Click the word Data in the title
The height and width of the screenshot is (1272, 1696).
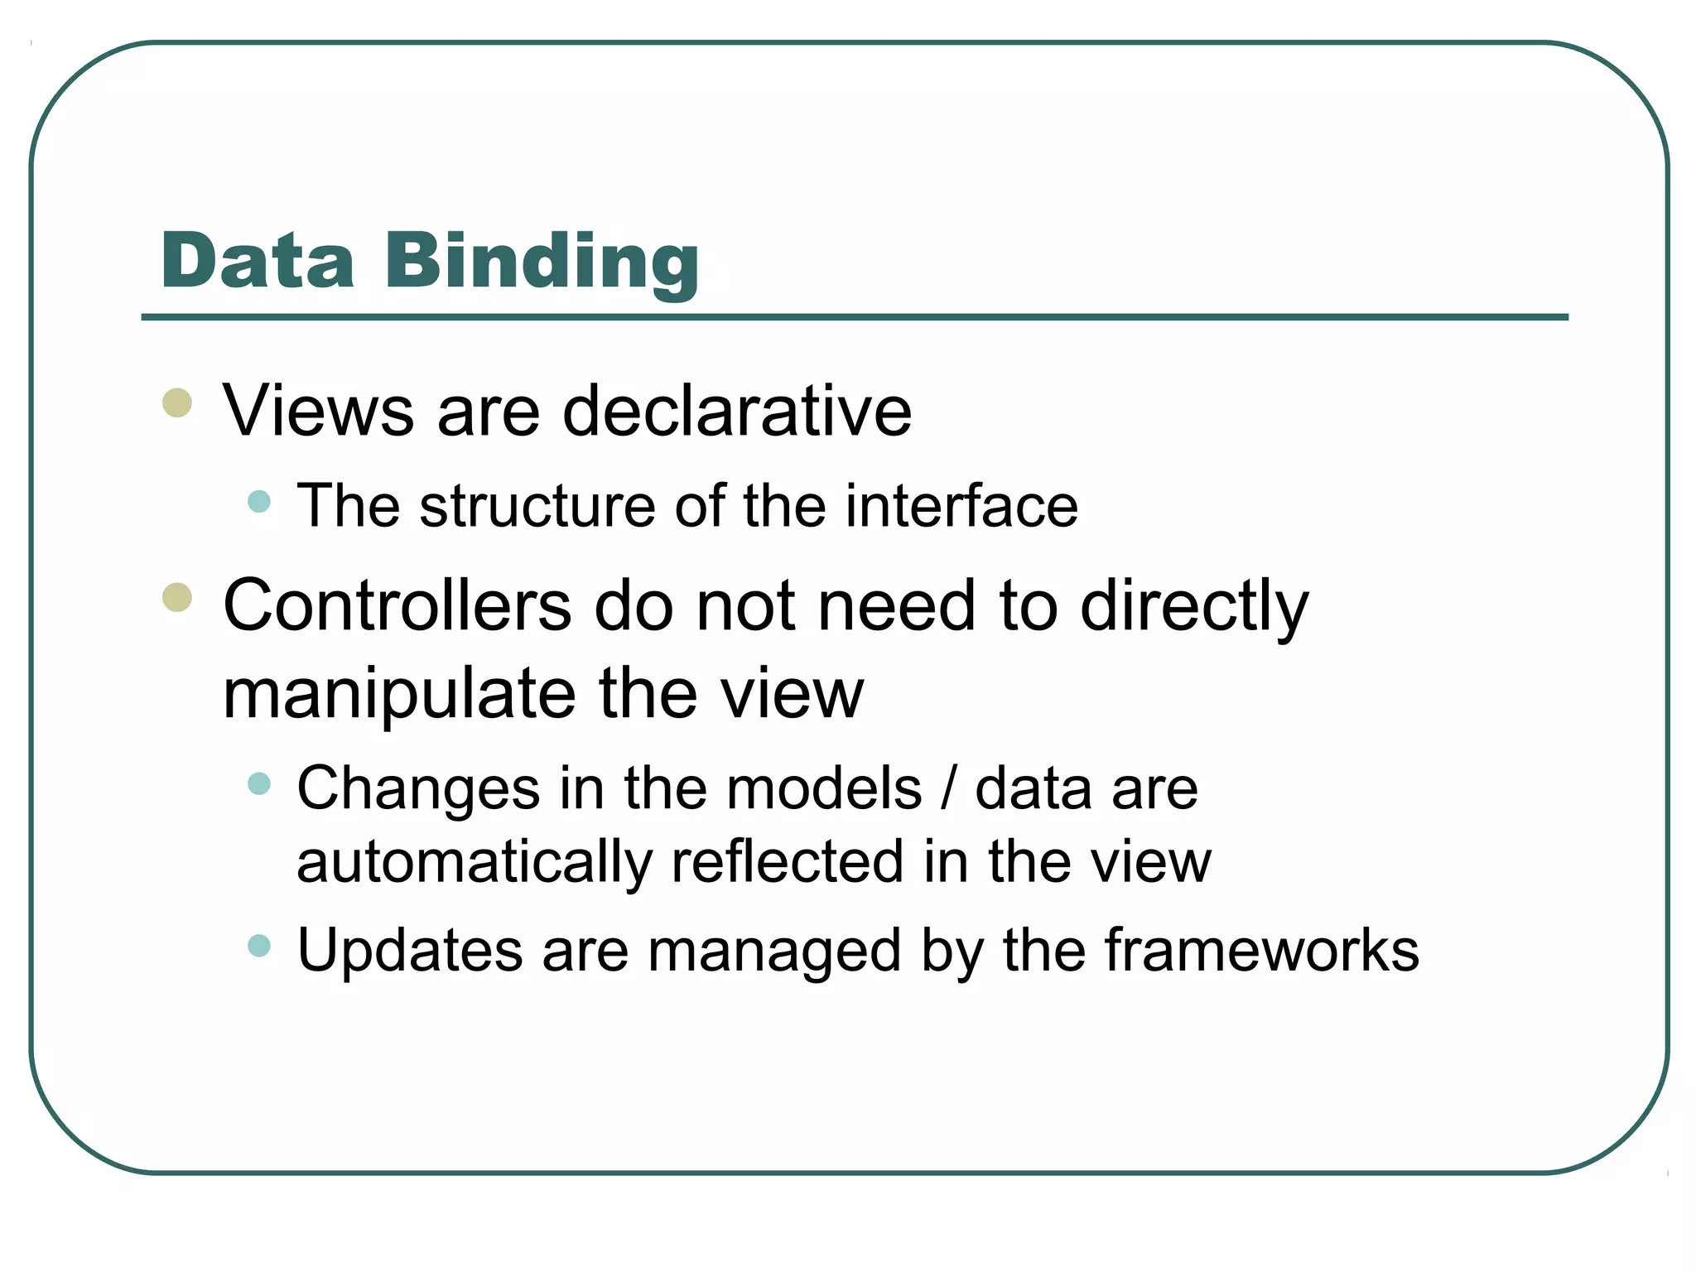(258, 261)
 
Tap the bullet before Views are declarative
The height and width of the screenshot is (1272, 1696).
(177, 403)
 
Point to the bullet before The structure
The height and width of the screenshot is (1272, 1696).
(259, 501)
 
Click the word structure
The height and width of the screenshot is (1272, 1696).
(537, 506)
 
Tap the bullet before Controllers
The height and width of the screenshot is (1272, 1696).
(177, 597)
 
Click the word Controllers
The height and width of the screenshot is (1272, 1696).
(397, 605)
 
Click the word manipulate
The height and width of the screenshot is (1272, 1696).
(399, 694)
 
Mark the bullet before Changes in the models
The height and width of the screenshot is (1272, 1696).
(259, 783)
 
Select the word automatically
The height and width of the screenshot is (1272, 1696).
(475, 863)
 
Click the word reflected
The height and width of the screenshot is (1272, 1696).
(787, 863)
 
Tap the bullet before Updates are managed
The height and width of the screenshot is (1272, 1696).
(259, 945)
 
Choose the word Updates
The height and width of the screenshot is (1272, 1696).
(410, 951)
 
